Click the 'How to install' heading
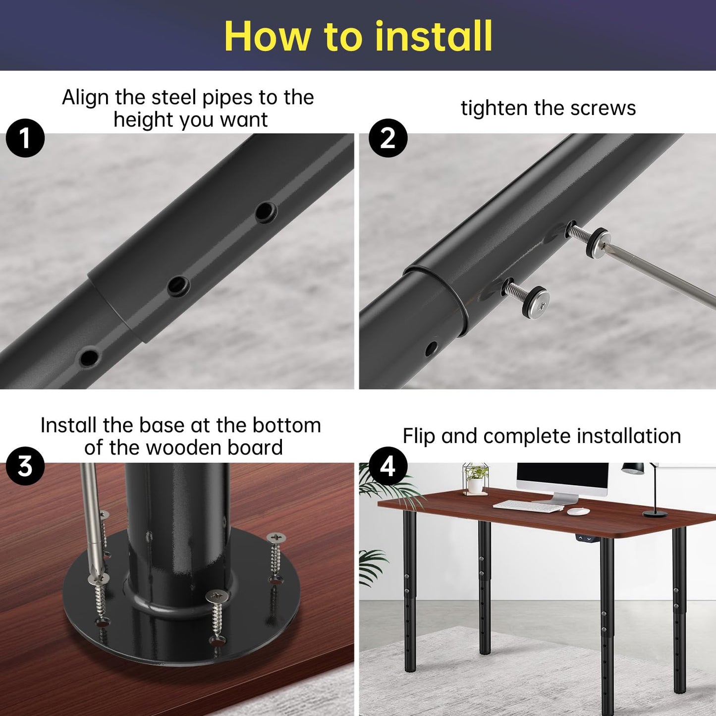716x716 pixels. pos(358,36)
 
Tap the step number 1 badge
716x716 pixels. pos(25,138)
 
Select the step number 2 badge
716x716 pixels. pos(388,138)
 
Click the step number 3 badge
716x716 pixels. pos(25,466)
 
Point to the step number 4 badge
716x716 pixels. pos(388,466)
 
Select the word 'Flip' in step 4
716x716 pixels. pos(419,437)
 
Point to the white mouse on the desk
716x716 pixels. pos(578,511)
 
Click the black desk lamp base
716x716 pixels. pos(655,514)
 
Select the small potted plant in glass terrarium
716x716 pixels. pos(476,479)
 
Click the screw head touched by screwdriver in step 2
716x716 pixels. pos(598,240)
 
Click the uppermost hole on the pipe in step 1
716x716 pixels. pos(266,212)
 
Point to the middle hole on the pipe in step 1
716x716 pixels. pos(178,286)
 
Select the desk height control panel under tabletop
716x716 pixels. pos(584,538)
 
